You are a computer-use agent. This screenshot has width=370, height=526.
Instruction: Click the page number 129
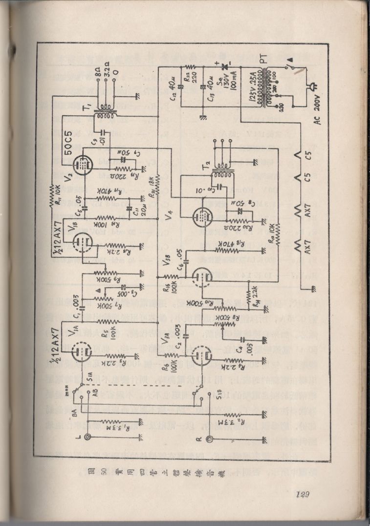pos(304,495)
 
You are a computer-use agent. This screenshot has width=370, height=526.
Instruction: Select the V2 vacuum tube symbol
pos(83,165)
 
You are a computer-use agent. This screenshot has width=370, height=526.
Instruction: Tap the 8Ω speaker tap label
pos(98,71)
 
